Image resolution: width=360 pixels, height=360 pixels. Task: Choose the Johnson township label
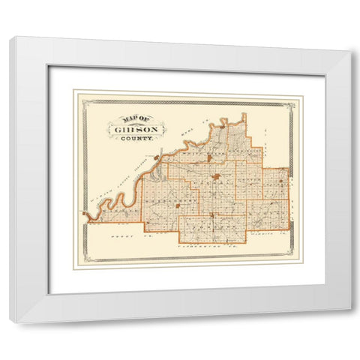click(x=212, y=224)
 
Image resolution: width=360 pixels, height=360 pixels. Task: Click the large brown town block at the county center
click(x=216, y=178)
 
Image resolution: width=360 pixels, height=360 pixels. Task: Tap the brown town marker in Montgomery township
click(x=178, y=204)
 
